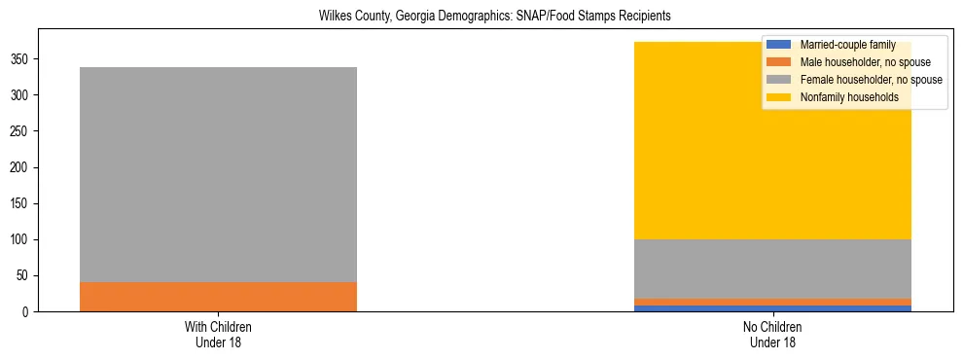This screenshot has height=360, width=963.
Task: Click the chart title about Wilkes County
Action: click(495, 17)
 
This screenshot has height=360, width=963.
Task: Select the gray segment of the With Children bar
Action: click(218, 175)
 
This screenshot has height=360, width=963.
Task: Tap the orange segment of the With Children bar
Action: click(218, 297)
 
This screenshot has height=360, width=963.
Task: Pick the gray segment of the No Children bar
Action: click(772, 269)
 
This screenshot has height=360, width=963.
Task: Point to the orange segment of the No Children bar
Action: click(772, 302)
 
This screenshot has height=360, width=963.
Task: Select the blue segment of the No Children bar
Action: click(772, 308)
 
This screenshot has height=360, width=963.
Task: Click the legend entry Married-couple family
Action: click(847, 45)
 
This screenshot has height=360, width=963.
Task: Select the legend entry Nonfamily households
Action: click(849, 97)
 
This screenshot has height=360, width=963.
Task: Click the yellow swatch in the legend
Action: click(779, 97)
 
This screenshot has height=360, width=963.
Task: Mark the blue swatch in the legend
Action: click(779, 45)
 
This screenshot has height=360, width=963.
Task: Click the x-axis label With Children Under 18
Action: click(218, 333)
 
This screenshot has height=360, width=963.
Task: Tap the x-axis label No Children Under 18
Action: click(772, 333)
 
